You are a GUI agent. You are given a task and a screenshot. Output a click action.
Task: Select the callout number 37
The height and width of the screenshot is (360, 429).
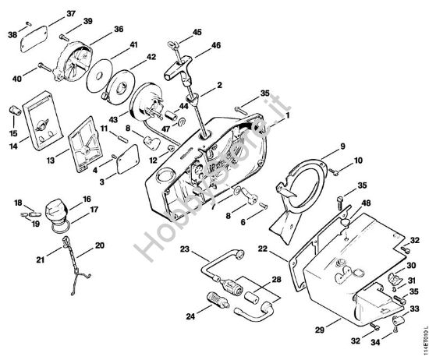pyautogui.click(x=71, y=14)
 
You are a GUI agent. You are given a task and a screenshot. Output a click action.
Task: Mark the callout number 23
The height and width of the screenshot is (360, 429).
pyautogui.click(x=185, y=250)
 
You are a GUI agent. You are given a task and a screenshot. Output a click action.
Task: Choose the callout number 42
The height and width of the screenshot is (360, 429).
pyautogui.click(x=151, y=57)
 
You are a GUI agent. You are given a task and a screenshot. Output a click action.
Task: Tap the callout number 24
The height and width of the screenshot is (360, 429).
pyautogui.click(x=190, y=317)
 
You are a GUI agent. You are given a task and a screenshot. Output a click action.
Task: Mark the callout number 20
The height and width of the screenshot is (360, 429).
pyautogui.click(x=99, y=245)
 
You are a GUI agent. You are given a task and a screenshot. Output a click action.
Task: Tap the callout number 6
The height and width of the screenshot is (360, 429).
pyautogui.click(x=243, y=222)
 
